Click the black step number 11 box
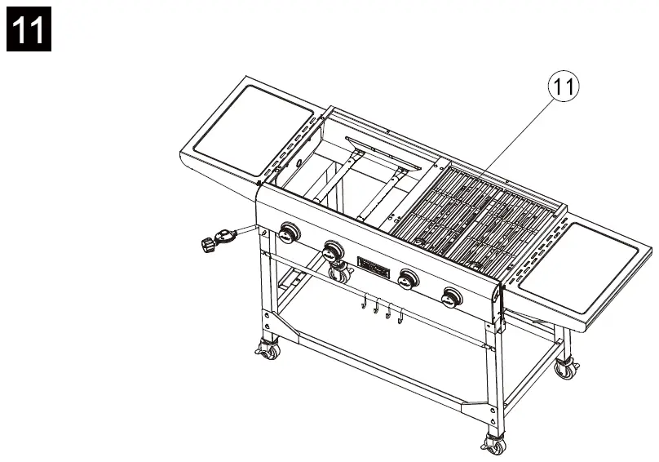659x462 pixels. tap(29, 29)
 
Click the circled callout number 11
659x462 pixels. tap(564, 87)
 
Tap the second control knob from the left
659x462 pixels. tap(333, 249)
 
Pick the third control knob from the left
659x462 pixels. tap(405, 279)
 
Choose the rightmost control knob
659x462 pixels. tap(450, 298)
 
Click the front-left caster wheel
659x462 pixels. tap(267, 351)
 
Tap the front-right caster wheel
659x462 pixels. tap(492, 445)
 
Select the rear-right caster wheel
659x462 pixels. tap(563, 368)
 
